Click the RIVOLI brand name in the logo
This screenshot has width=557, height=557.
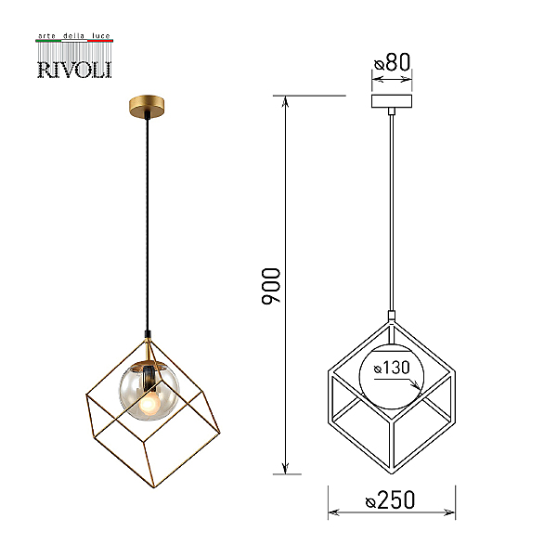click(x=74, y=70)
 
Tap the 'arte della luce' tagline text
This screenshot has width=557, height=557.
click(x=74, y=36)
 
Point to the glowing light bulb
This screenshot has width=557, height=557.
click(x=149, y=404)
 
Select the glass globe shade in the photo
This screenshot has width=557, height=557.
click(x=149, y=391)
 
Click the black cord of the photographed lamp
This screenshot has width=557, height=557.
click(x=148, y=224)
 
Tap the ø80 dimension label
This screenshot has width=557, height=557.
click(x=392, y=62)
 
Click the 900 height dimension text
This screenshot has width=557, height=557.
click(x=271, y=286)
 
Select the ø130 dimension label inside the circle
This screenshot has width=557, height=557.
click(x=392, y=368)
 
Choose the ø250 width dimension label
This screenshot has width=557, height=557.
click(x=390, y=499)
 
